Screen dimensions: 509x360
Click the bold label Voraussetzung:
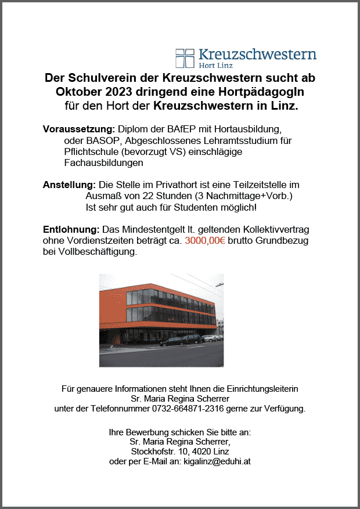coord(79,128)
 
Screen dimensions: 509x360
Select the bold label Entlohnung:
coord(71,229)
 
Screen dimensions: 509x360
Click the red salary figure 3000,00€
coord(205,240)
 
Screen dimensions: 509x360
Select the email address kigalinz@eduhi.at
coord(217,461)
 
